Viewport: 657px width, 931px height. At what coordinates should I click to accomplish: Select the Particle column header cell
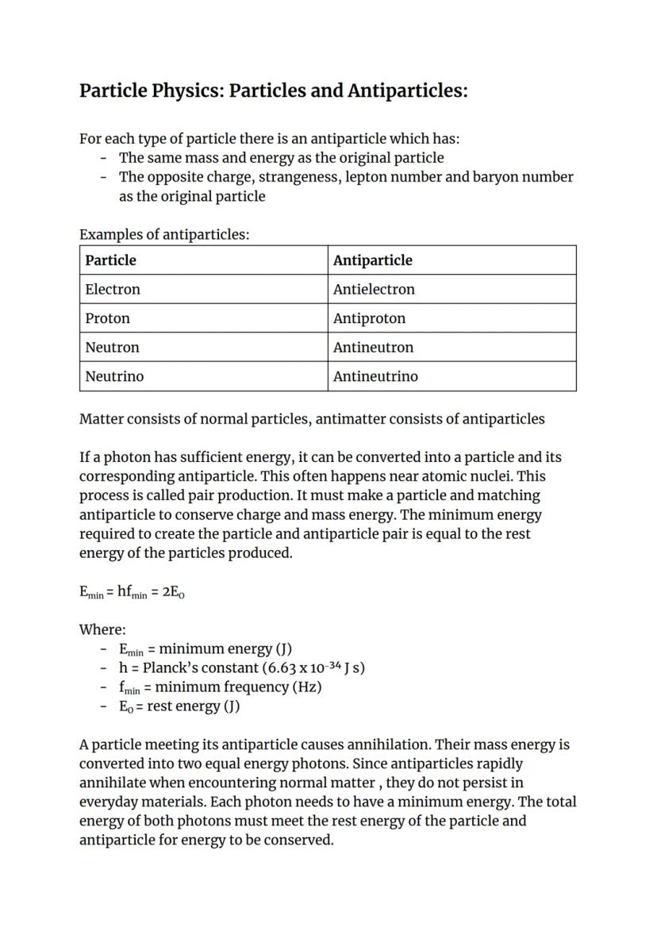click(204, 260)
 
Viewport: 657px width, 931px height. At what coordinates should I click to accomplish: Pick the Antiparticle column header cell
click(451, 260)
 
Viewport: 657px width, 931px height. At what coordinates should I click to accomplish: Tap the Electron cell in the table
click(204, 290)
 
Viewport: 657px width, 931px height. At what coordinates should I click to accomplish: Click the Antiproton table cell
click(451, 318)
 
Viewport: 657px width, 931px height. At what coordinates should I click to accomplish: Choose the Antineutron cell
click(451, 348)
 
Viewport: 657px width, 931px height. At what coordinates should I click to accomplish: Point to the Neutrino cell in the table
click(204, 376)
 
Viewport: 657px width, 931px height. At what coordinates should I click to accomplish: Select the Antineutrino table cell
click(451, 376)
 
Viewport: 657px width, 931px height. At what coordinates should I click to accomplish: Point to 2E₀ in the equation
click(173, 592)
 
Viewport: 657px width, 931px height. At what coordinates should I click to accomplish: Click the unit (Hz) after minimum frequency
click(307, 687)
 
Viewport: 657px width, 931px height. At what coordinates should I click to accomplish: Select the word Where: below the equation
click(102, 630)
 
